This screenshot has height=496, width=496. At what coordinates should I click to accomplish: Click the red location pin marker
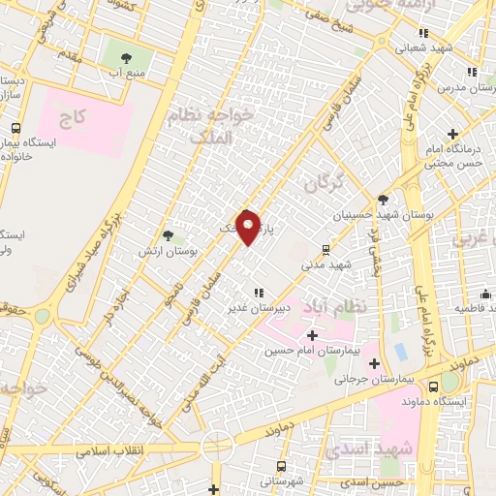[249, 227]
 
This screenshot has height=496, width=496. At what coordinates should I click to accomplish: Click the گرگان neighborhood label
[324, 181]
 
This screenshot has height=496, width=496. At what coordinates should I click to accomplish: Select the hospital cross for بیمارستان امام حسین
[311, 334]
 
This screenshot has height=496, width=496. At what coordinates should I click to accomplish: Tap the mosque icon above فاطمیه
[485, 293]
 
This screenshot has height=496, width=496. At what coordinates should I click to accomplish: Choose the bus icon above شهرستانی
[282, 466]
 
